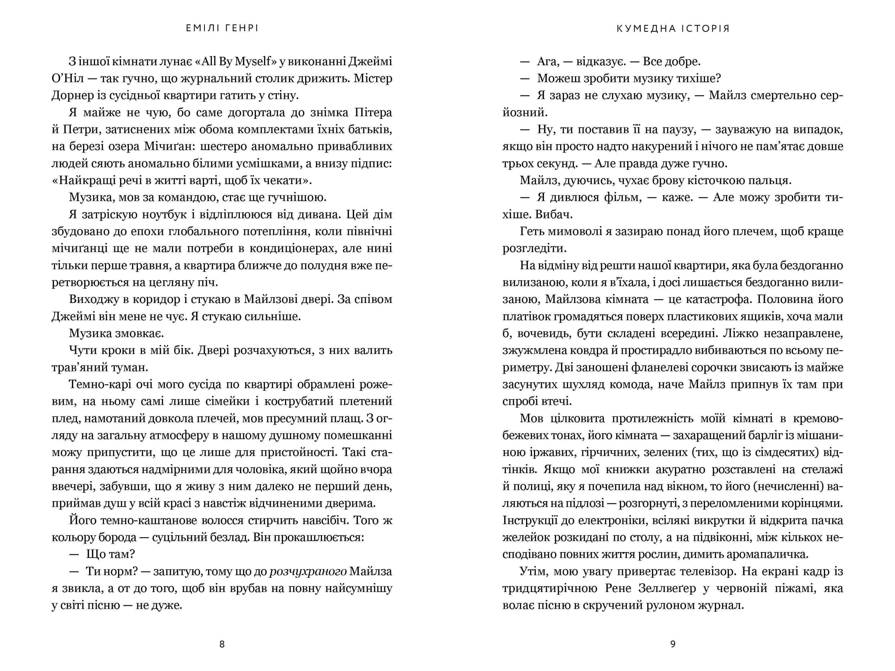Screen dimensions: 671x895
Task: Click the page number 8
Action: [x=222, y=644]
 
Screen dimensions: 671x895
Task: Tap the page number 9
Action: [x=673, y=644]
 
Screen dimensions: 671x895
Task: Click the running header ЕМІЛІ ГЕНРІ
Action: [x=222, y=28]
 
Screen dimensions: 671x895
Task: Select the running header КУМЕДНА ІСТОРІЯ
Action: [x=673, y=28]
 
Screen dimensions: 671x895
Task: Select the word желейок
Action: [x=525, y=537]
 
